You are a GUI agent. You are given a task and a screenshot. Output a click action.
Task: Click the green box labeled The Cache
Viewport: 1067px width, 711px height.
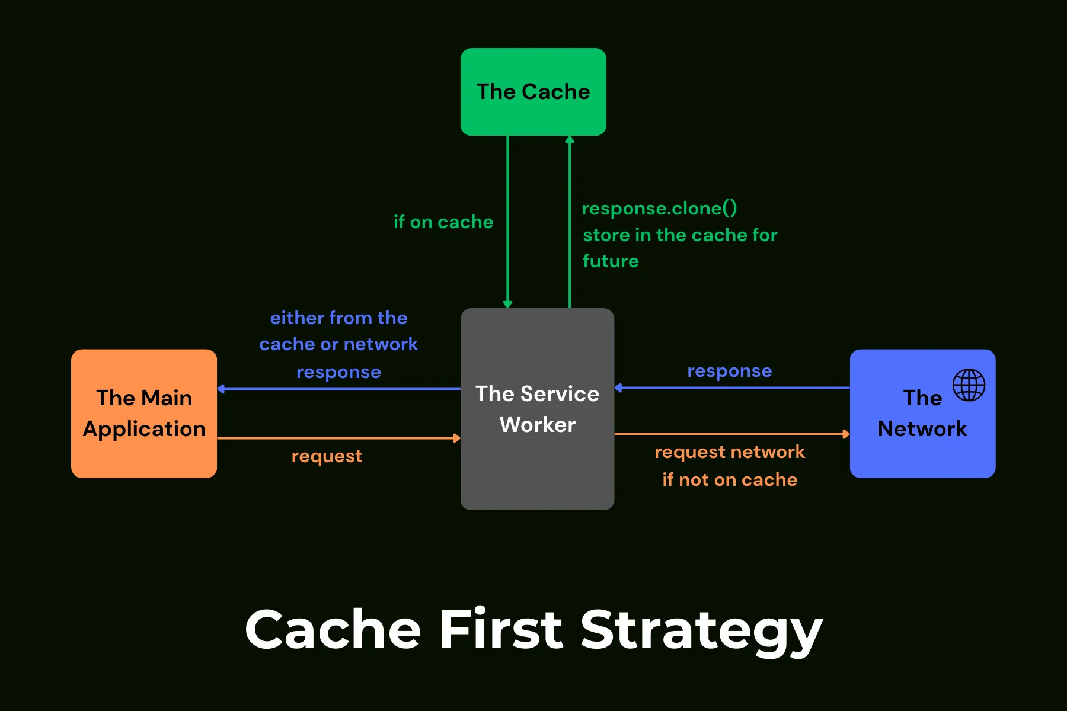coord(533,92)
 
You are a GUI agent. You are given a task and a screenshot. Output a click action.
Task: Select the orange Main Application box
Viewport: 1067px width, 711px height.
coord(144,413)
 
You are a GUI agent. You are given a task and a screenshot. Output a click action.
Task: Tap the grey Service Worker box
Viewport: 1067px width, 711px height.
coord(537,409)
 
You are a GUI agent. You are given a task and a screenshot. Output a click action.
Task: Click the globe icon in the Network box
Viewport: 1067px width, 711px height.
coord(969,385)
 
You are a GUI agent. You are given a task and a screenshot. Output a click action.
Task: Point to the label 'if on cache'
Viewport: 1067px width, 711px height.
coord(443,222)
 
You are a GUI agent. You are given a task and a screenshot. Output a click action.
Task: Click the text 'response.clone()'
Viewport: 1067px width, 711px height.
coord(659,209)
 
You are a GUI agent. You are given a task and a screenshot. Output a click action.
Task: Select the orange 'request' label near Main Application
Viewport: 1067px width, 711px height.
coord(327,456)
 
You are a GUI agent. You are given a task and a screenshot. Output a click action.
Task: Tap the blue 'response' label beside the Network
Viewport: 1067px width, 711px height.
coord(729,371)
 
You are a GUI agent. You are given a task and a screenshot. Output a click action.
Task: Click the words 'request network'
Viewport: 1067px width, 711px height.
coord(730,452)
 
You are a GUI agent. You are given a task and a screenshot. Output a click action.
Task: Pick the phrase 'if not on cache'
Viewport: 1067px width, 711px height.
coord(730,479)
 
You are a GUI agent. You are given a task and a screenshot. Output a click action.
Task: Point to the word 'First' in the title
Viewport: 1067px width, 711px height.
coord(501,629)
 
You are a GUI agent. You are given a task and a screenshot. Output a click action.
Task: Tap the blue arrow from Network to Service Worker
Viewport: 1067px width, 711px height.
coord(732,388)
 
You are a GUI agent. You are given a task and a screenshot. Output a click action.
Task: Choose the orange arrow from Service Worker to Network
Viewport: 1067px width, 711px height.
coord(732,434)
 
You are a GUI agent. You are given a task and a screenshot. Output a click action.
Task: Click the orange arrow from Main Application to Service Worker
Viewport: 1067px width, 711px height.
coord(338,438)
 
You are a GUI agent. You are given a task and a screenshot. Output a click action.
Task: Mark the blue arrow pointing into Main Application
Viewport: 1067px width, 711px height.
coord(338,389)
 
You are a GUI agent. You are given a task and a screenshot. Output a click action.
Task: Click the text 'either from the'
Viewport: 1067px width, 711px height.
coord(338,318)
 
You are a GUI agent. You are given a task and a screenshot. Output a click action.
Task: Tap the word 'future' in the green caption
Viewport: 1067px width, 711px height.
coord(611,261)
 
